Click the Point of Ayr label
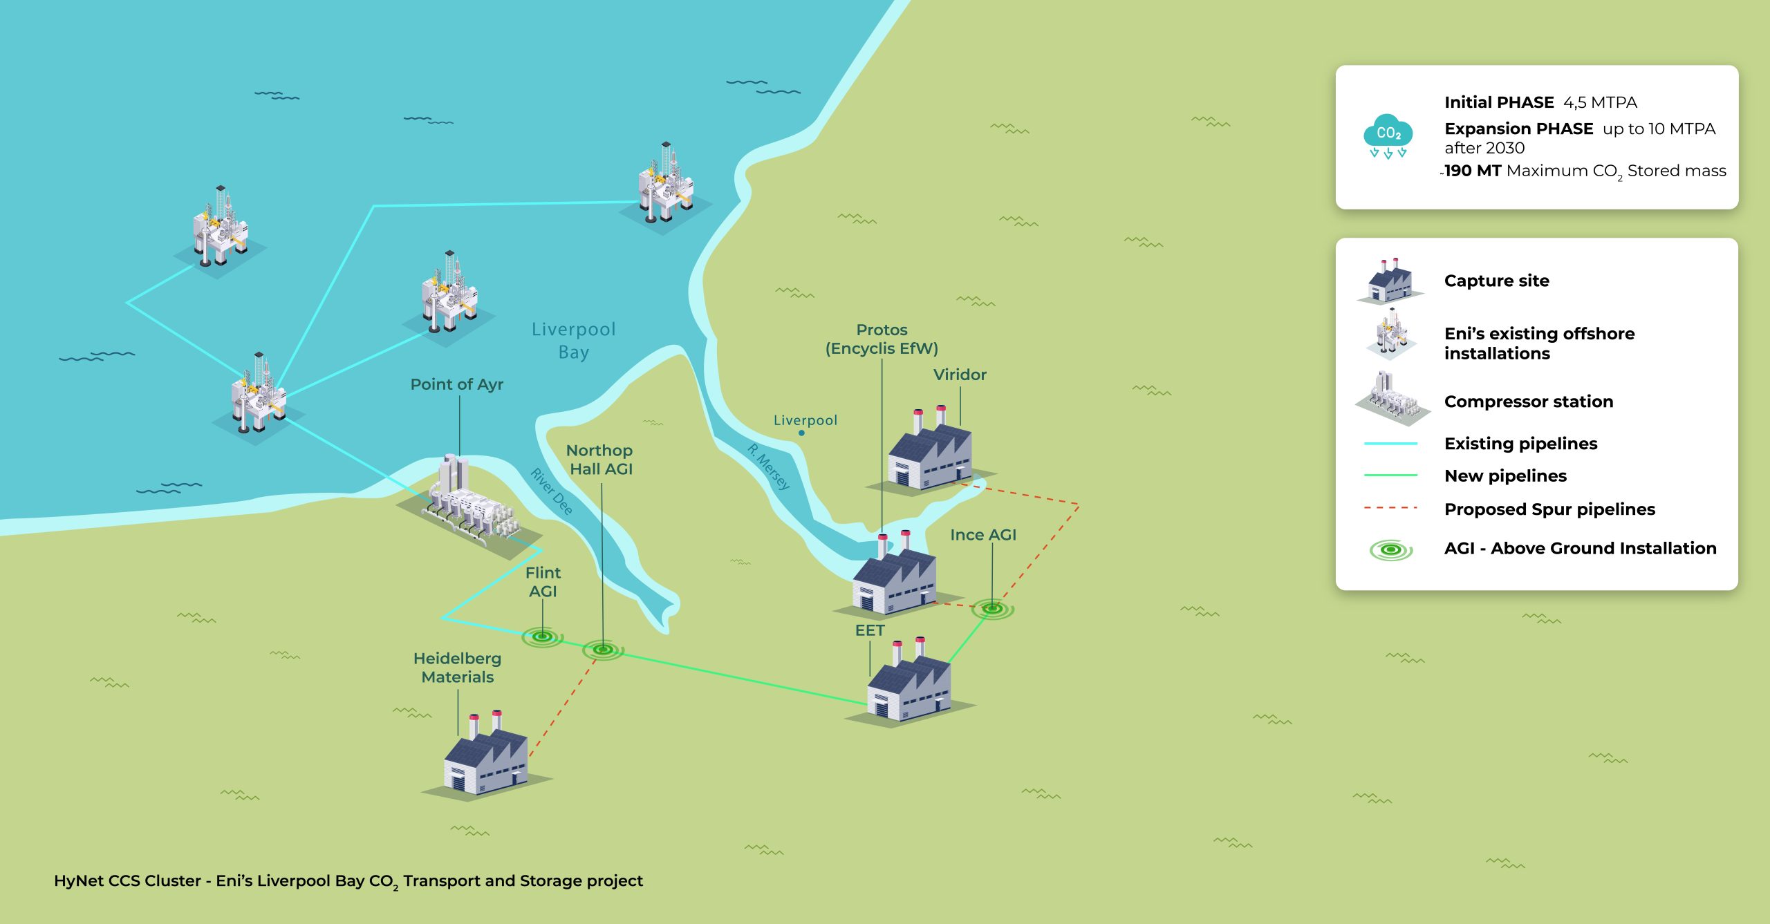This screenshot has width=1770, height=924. (456, 384)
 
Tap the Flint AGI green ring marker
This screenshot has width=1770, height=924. (543, 637)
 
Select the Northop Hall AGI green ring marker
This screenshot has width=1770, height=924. (603, 650)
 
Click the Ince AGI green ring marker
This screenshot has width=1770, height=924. (992, 609)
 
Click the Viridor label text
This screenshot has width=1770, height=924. (960, 375)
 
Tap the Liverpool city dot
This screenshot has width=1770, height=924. (801, 433)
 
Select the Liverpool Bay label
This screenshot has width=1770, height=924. (573, 340)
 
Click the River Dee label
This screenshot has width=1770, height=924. (551, 491)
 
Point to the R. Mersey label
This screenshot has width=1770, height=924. (768, 466)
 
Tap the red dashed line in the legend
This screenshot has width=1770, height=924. (1390, 508)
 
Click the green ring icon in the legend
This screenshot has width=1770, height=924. (1391, 550)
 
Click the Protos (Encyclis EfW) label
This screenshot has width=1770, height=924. (882, 339)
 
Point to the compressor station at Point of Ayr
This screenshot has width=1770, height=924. (470, 505)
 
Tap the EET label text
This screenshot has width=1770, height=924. (870, 630)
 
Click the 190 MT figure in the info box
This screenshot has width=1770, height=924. (1473, 171)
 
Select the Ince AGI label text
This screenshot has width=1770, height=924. (983, 535)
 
